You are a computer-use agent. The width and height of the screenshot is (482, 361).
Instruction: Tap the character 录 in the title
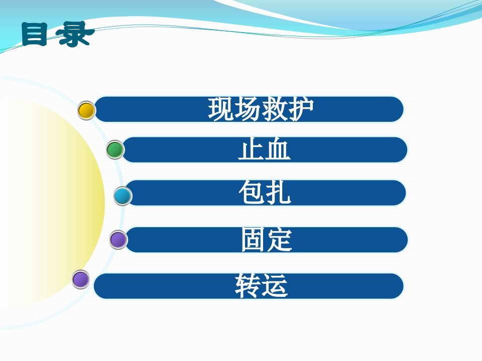click(74, 34)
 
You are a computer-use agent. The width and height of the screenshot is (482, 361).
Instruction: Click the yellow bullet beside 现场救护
click(87, 110)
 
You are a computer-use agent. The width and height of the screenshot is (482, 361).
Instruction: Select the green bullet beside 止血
click(115, 150)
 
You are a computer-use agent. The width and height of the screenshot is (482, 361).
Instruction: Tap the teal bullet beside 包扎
click(123, 196)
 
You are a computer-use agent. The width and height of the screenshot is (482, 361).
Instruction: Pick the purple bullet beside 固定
click(118, 240)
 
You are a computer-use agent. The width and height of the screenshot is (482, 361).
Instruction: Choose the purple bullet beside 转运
click(80, 279)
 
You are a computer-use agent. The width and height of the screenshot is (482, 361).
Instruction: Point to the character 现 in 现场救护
click(221, 109)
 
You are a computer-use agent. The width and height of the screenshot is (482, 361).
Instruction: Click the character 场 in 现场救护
click(248, 109)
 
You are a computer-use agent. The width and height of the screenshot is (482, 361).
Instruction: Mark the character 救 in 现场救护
click(275, 109)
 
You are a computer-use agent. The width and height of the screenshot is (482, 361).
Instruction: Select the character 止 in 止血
click(251, 150)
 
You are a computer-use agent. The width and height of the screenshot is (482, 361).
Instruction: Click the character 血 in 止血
click(278, 150)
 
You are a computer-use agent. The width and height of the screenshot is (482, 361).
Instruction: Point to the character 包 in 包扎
click(251, 193)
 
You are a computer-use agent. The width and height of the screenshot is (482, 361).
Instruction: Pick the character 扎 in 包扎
click(278, 193)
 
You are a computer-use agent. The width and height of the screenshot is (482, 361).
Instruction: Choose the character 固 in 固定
click(253, 240)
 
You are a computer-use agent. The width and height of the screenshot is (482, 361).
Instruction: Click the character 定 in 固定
click(280, 240)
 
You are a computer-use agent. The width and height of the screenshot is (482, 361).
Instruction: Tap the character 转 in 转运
click(248, 286)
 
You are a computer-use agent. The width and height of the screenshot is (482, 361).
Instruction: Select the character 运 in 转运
click(275, 286)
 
